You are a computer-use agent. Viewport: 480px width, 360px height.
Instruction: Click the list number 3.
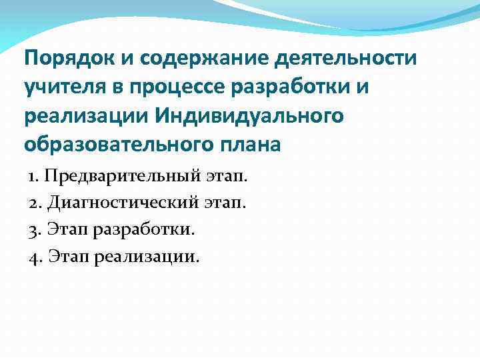(x=33, y=230)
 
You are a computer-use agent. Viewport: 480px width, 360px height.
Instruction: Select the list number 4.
(x=34, y=256)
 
